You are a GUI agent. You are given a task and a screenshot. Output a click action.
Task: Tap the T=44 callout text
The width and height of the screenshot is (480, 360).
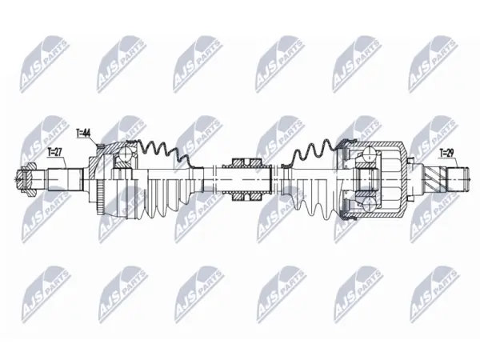pyautogui.click(x=82, y=133)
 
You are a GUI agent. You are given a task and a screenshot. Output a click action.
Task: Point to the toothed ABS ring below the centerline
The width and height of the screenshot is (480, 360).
pyautogui.click(x=100, y=198)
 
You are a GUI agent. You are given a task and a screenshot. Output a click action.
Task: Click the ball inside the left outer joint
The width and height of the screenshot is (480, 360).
pyautogui.click(x=126, y=153)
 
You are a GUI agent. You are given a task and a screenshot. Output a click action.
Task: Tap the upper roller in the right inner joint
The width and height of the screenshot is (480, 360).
pyautogui.click(x=370, y=154)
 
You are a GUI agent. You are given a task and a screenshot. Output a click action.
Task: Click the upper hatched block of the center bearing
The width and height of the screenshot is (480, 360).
pyautogui.click(x=246, y=163)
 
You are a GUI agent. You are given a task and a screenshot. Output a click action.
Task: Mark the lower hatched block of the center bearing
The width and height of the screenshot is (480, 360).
pyautogui.click(x=246, y=196)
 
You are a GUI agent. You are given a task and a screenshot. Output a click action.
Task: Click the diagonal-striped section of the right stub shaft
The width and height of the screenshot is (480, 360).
pyautogui.click(x=435, y=179)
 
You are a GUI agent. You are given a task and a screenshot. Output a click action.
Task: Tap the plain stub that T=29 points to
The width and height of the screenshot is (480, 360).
pyautogui.click(x=458, y=179)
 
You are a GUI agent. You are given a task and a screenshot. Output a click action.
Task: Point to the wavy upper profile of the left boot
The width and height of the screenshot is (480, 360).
pyautogui.click(x=164, y=151)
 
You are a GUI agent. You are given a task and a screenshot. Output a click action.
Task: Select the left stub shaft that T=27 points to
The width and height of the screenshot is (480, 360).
pyautogui.click(x=65, y=179)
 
